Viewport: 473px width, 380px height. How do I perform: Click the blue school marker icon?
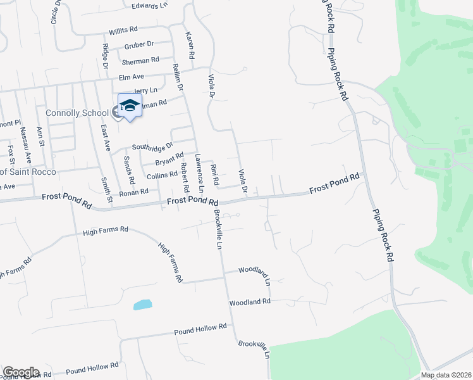click(130, 106)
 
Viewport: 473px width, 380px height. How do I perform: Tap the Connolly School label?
click(77, 113)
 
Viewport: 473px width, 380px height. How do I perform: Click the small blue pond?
click(142, 305)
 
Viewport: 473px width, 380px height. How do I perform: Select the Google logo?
click(21, 372)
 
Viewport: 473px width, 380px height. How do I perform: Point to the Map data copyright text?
click(445, 375)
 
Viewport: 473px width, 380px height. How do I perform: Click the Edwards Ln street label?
click(150, 6)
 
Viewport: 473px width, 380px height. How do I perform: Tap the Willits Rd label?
click(123, 30)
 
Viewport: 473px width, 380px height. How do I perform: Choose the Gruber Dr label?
click(139, 44)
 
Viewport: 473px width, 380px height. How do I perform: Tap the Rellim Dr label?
click(179, 77)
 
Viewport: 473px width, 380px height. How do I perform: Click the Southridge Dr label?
click(152, 146)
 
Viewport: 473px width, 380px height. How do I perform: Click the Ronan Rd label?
click(133, 191)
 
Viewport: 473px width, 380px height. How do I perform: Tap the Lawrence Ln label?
click(199, 172)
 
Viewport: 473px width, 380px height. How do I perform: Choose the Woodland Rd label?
click(250, 302)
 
